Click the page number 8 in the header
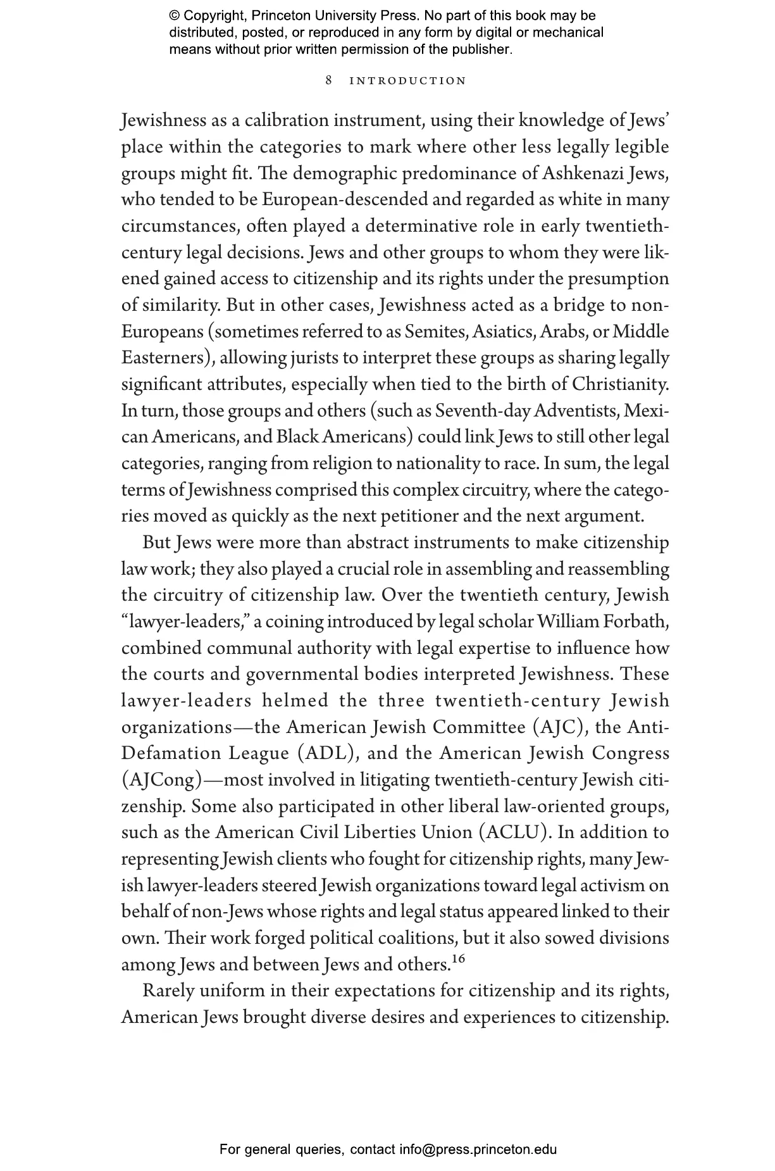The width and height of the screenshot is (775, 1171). [329, 80]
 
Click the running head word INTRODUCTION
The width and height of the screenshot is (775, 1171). [408, 81]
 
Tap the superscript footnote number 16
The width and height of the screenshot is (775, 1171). [458, 959]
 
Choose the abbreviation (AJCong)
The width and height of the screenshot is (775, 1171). [161, 780]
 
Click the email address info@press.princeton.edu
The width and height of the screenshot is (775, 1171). [478, 1149]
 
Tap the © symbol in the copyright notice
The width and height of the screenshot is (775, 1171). [175, 16]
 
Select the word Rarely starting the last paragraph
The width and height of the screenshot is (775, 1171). [168, 991]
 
